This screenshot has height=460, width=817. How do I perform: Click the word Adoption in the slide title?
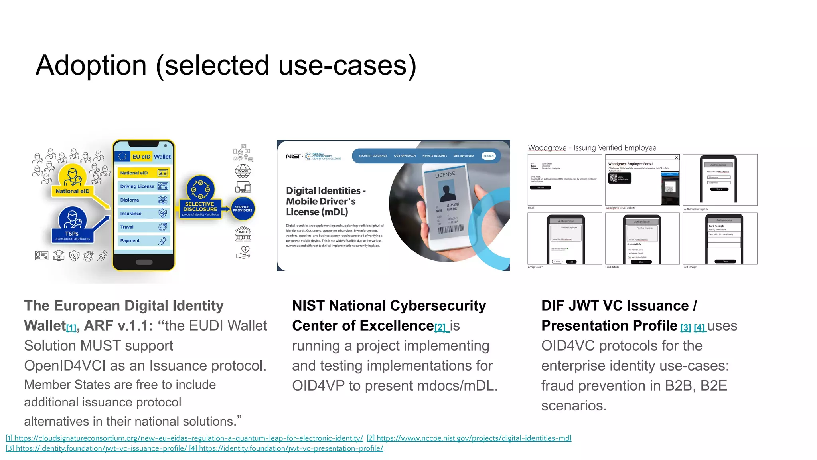click(x=91, y=65)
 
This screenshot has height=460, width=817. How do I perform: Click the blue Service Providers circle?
click(x=243, y=209)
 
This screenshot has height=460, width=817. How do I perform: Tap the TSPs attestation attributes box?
click(x=72, y=236)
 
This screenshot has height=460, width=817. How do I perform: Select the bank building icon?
click(x=243, y=234)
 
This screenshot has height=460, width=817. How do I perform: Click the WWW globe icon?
click(x=243, y=171)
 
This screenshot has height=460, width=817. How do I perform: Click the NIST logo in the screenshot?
click(x=293, y=156)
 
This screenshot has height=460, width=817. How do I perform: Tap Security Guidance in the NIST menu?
click(x=373, y=156)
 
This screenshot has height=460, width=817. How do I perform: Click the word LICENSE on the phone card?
click(x=445, y=174)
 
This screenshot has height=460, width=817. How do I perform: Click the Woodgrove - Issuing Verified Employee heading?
click(x=592, y=148)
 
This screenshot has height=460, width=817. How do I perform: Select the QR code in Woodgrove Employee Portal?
click(x=613, y=178)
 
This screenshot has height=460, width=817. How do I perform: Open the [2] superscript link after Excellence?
click(x=440, y=328)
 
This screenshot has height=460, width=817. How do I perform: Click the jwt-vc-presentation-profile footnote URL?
click(x=291, y=448)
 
